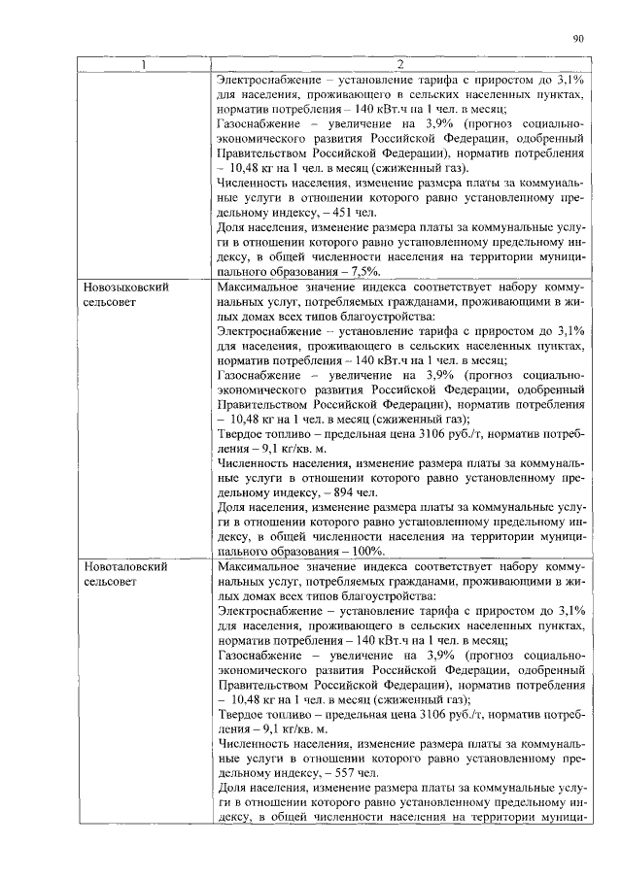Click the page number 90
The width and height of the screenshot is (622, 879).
[577, 39]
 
